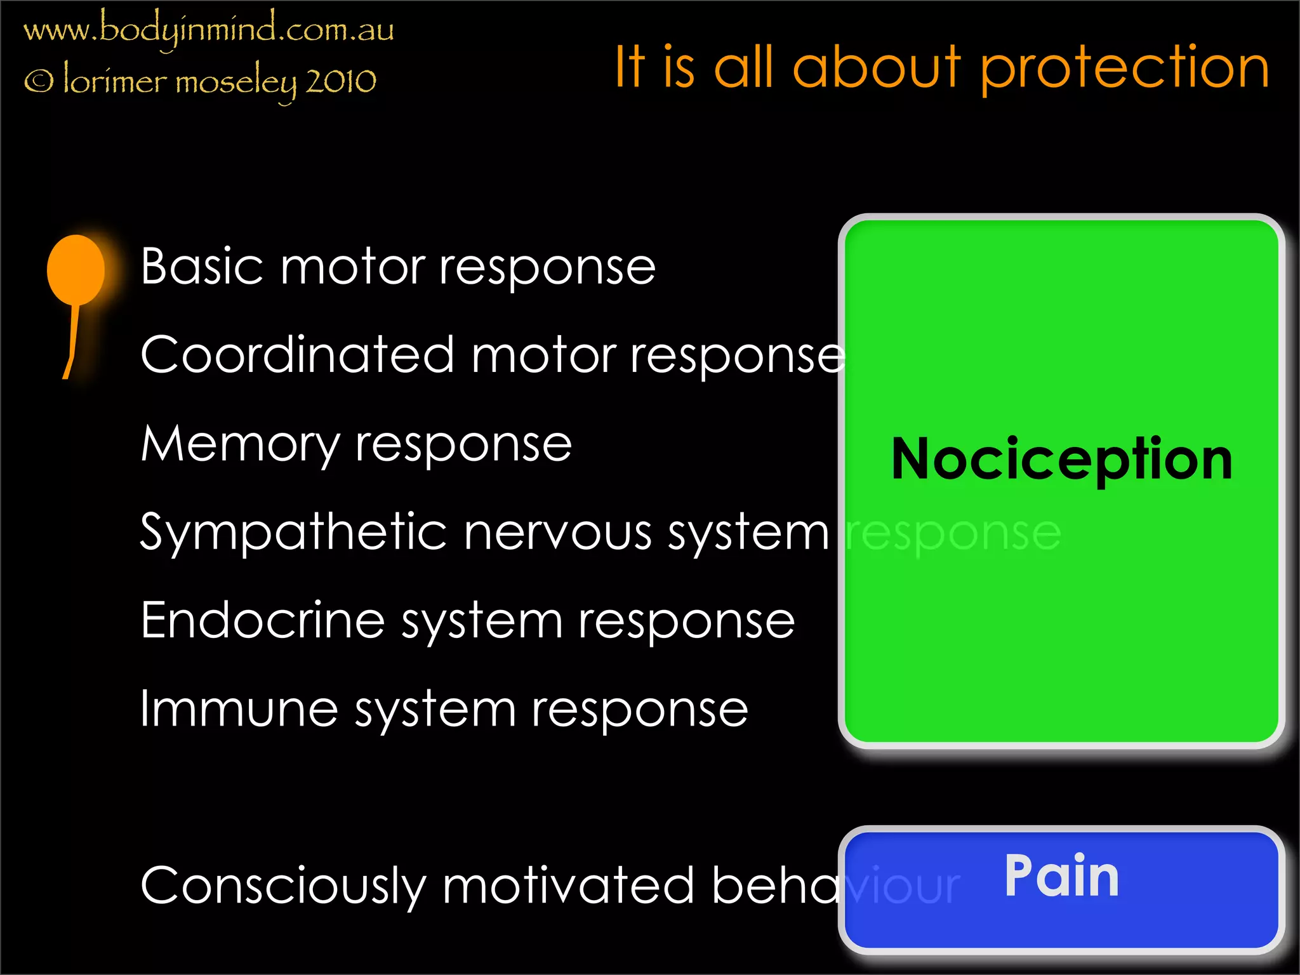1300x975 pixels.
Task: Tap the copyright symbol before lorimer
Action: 39,81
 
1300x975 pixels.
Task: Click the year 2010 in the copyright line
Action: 341,81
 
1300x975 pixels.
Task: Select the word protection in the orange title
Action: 1124,69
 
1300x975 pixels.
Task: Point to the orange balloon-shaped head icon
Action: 76,269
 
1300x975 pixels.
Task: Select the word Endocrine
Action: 263,621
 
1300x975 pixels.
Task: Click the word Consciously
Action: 283,886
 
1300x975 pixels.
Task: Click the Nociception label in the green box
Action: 1061,460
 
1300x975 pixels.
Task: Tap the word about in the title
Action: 877,67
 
